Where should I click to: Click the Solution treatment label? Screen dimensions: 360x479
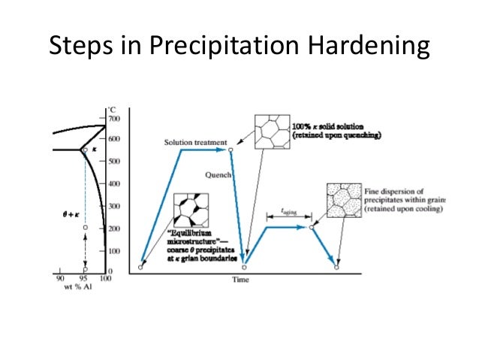(194, 143)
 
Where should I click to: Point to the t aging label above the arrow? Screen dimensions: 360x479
(288, 213)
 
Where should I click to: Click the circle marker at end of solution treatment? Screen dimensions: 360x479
(230, 150)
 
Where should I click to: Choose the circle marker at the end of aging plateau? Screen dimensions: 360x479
(312, 225)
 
